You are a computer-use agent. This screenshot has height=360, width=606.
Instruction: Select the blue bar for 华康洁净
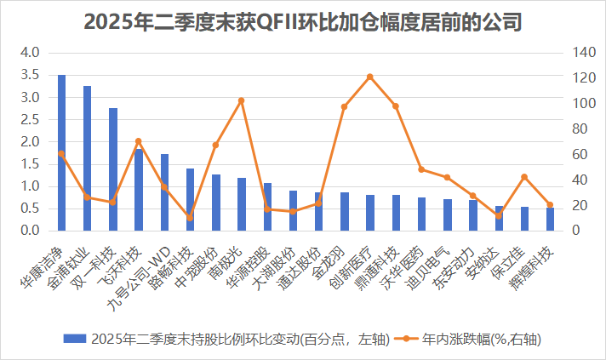tap(61, 153)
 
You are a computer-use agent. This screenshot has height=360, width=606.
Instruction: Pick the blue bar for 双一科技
tap(112, 169)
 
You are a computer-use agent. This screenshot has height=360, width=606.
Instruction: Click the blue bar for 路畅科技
tap(190, 200)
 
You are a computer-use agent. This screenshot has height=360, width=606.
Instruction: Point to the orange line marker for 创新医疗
tap(370, 77)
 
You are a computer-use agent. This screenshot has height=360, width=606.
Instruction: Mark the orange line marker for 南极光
tap(241, 100)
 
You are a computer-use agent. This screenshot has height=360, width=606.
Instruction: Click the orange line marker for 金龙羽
tap(344, 107)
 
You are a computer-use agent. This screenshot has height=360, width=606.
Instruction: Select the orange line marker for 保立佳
tap(524, 177)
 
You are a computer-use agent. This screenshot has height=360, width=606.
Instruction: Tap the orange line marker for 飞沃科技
tap(139, 141)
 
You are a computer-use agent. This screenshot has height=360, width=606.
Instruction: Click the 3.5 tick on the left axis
tap(31, 75)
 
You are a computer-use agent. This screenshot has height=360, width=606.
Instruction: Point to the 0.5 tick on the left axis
tap(31, 209)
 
